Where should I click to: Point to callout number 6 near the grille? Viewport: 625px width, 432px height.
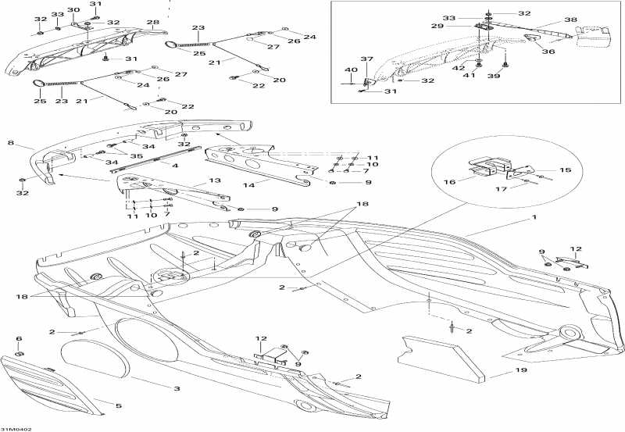pyautogui.click(x=20, y=338)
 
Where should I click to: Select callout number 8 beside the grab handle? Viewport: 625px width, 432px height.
pyautogui.click(x=11, y=143)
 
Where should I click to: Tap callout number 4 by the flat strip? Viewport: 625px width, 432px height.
pyautogui.click(x=175, y=166)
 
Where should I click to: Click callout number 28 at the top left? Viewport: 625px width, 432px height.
pyautogui.click(x=152, y=23)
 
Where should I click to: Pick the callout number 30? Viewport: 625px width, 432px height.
pyautogui.click(x=73, y=9)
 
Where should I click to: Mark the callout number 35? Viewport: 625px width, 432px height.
pyautogui.click(x=137, y=155)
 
